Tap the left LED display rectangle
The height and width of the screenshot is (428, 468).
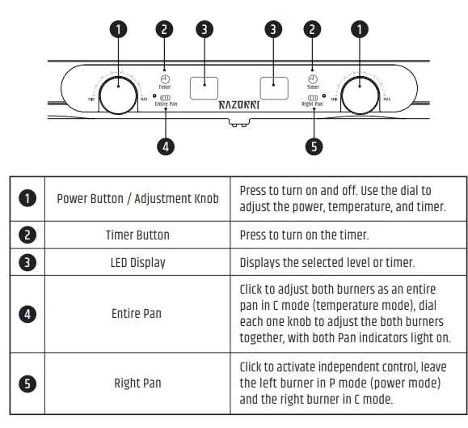click(204, 83)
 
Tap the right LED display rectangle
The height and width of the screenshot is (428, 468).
click(274, 83)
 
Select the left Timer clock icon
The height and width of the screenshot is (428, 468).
click(164, 78)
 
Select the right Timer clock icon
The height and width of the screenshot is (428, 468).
click(313, 78)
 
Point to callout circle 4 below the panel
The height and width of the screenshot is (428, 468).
click(165, 146)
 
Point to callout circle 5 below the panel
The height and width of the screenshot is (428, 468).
click(314, 146)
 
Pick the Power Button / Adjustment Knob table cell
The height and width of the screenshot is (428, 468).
click(137, 199)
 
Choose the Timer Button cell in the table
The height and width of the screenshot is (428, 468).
click(137, 235)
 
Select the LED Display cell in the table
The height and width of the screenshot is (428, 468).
click(137, 262)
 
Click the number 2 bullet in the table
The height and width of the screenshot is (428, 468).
click(27, 235)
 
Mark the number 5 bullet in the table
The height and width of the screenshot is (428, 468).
click(27, 383)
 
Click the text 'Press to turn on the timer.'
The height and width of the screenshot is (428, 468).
click(304, 235)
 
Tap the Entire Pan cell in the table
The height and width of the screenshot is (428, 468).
click(137, 313)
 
